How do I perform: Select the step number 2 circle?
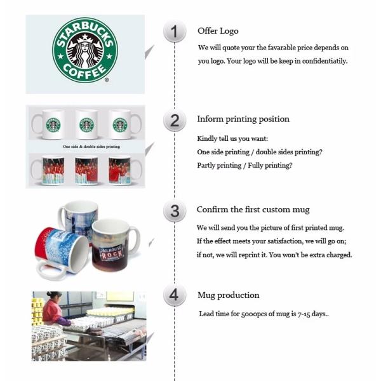pos(175,120)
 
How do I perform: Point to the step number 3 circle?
pos(175,211)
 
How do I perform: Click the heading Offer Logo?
pos(218,31)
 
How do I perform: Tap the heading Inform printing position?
pos(243,119)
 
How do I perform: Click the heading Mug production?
pos(228,295)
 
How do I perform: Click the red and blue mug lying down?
pos(60,251)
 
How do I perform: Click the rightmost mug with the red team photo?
pos(120,170)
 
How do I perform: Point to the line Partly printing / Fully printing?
pos(244,166)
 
